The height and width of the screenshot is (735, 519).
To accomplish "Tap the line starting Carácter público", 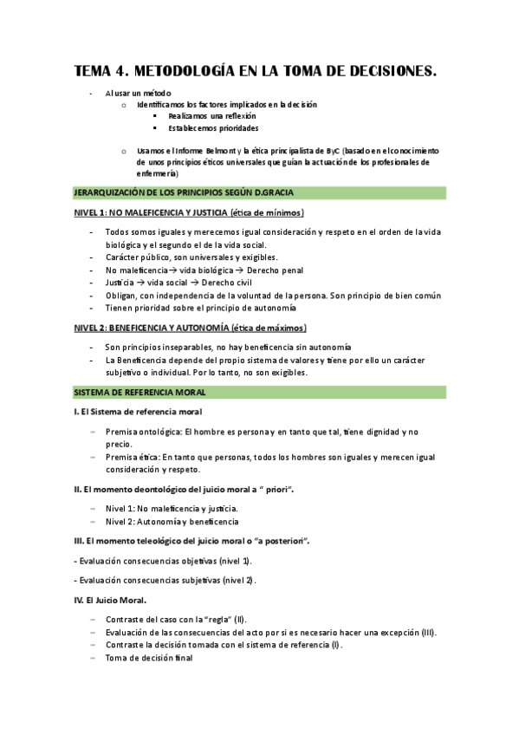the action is click(191, 257).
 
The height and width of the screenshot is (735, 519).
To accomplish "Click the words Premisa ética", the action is click(132, 456).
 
